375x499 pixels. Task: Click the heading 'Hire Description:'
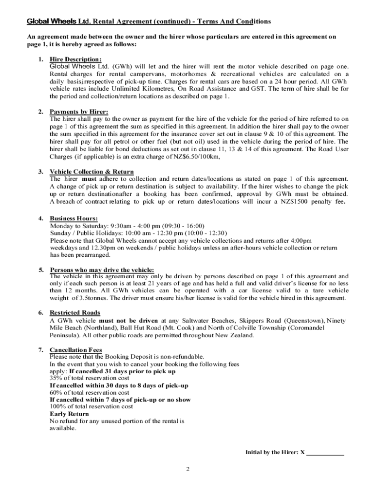[75, 59]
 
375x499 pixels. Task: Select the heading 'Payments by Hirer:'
[79, 112]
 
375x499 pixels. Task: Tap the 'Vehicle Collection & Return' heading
[92, 172]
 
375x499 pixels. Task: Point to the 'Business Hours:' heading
[74, 219]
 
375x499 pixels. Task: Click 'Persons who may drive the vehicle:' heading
[102, 269]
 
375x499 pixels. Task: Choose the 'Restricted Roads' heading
[75, 313]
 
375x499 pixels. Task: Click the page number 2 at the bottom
[187, 469]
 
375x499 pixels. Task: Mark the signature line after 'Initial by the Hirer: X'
[325, 452]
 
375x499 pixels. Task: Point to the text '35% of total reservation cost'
[89, 378]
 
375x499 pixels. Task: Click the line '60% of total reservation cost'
[89, 392]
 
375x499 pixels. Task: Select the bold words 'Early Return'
[69, 414]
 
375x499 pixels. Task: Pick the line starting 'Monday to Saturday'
[127, 226]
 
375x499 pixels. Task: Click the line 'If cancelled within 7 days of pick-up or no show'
[120, 400]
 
